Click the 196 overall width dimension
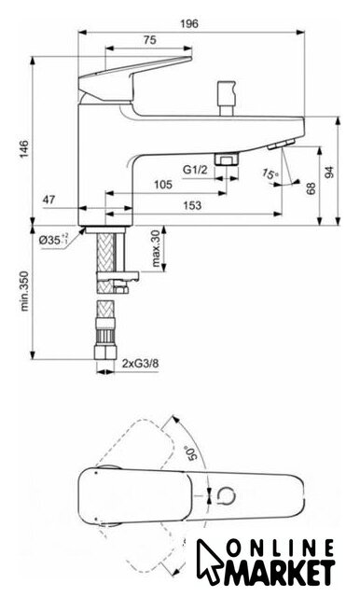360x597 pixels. tap(189, 23)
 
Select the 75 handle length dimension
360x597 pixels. tap(149, 39)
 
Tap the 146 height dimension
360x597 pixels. tap(24, 149)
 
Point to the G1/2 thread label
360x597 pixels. tap(195, 169)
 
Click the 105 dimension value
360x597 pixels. tap(163, 185)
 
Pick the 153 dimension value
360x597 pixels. tap(192, 205)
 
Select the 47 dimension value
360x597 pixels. tap(48, 199)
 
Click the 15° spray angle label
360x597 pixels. tap(270, 174)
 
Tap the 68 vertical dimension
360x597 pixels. tap(312, 188)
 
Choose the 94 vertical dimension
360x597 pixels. tap(329, 172)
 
